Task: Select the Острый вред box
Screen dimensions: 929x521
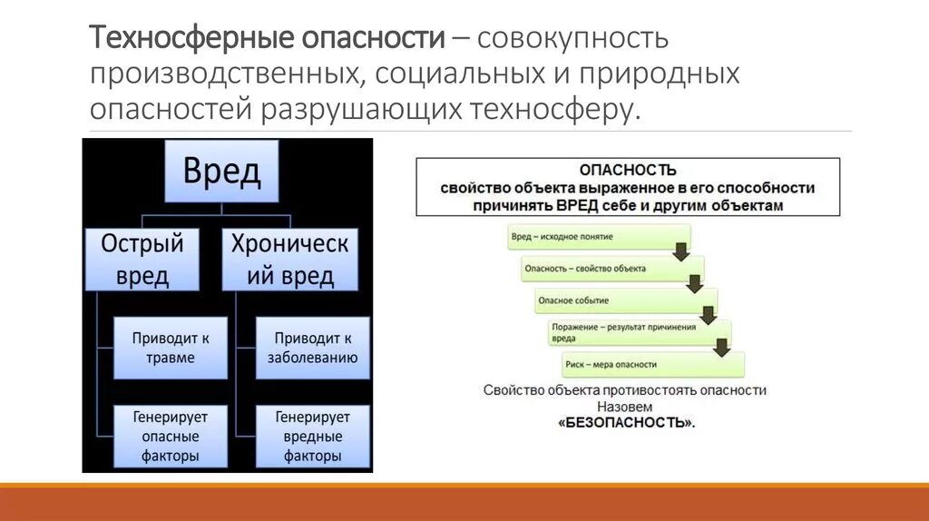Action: pyautogui.click(x=142, y=259)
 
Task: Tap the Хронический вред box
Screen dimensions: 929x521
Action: pyautogui.click(x=290, y=259)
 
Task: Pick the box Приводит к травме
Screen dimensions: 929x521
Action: pyautogui.click(x=171, y=348)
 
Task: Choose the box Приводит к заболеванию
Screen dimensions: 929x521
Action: pyautogui.click(x=312, y=348)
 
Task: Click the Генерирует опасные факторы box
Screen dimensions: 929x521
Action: pyautogui.click(x=171, y=437)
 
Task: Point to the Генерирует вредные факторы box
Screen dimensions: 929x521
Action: pyautogui.click(x=312, y=437)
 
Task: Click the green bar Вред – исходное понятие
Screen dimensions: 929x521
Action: pyautogui.click(x=590, y=237)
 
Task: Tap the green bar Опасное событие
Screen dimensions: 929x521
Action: pyautogui.click(x=617, y=300)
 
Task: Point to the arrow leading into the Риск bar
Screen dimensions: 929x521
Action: pyautogui.click(x=722, y=347)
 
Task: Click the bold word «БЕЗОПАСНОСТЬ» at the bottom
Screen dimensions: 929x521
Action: pyautogui.click(x=626, y=423)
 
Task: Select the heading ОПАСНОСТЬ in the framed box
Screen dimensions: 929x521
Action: pyautogui.click(x=628, y=170)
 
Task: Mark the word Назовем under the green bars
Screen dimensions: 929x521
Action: pyautogui.click(x=625, y=407)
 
